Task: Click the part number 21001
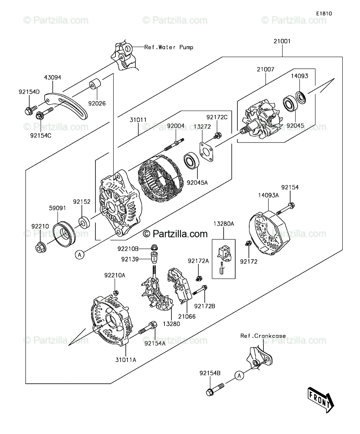pyautogui.click(x=282, y=41)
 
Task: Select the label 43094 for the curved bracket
pyautogui.click(x=52, y=77)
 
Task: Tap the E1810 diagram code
pyautogui.click(x=324, y=14)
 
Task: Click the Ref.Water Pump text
pyautogui.click(x=169, y=47)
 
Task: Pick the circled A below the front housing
pyautogui.click(x=80, y=255)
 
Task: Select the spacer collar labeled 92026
pyautogui.click(x=95, y=84)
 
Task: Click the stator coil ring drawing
pyautogui.click(x=161, y=178)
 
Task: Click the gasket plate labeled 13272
pyautogui.click(x=207, y=152)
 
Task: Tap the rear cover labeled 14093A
pyautogui.click(x=269, y=233)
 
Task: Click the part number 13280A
pyautogui.click(x=224, y=224)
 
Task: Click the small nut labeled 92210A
pyautogui.click(x=116, y=293)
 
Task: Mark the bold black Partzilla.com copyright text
pyautogui.click(x=175, y=234)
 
